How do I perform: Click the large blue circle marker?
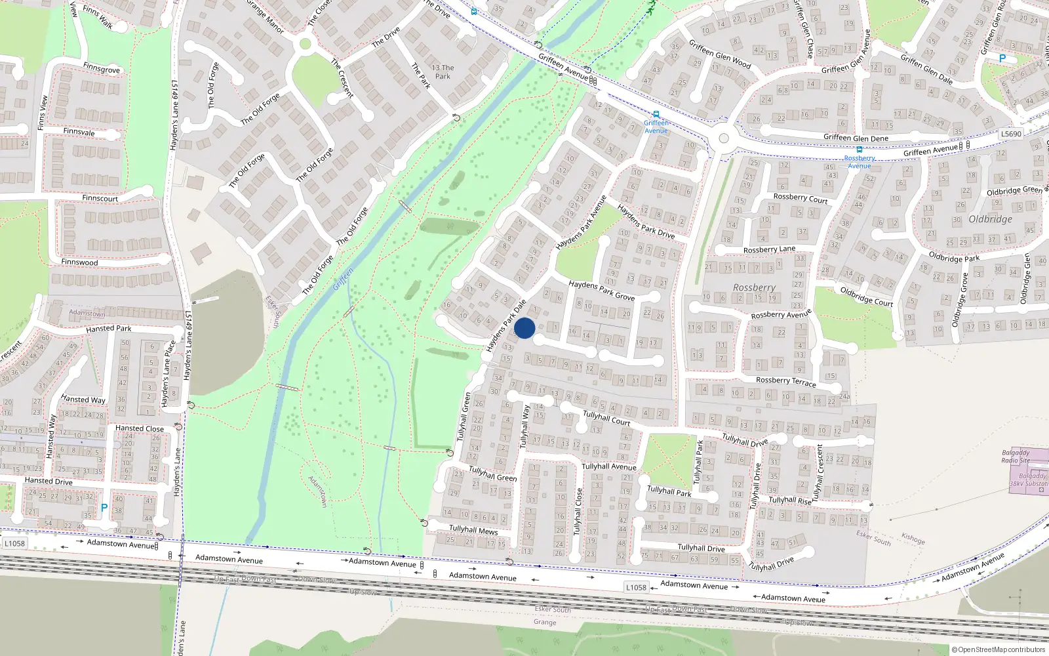pos(524,328)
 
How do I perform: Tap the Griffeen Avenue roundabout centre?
pos(724,138)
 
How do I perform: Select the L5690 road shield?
pos(1011,134)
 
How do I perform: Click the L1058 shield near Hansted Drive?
pos(14,543)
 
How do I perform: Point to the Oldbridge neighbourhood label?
pos(990,219)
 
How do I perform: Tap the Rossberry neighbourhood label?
pos(754,287)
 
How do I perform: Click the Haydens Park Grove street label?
pos(601,291)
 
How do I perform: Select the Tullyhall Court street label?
pos(606,418)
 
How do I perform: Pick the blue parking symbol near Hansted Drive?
pos(104,508)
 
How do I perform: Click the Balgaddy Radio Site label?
pos(1016,457)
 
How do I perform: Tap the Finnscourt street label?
pos(100,198)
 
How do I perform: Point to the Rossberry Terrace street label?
pos(785,381)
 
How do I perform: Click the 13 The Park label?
pos(443,72)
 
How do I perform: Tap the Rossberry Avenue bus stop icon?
pos(859,150)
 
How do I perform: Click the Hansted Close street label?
pos(140,428)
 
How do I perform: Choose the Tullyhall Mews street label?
pos(473,529)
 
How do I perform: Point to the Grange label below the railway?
pos(545,622)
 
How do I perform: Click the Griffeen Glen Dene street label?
pos(856,138)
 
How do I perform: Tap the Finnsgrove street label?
pos(102,68)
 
